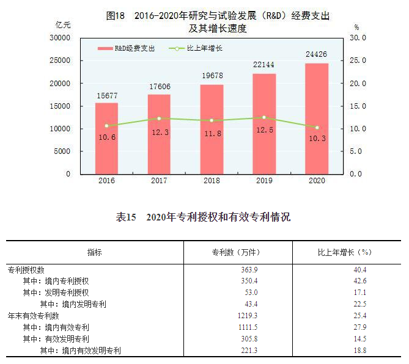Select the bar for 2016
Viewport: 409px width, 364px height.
106,138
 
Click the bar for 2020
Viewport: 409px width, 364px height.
317,118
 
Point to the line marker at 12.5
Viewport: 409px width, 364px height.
264,117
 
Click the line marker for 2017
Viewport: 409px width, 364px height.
159,118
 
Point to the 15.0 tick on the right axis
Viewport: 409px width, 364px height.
358,106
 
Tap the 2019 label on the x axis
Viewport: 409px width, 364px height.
264,181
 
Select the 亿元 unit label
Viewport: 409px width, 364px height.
63,25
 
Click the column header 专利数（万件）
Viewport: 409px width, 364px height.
238,252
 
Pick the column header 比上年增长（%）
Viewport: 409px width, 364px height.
345,252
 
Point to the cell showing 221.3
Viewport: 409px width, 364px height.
248,351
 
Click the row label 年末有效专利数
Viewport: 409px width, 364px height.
33,316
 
